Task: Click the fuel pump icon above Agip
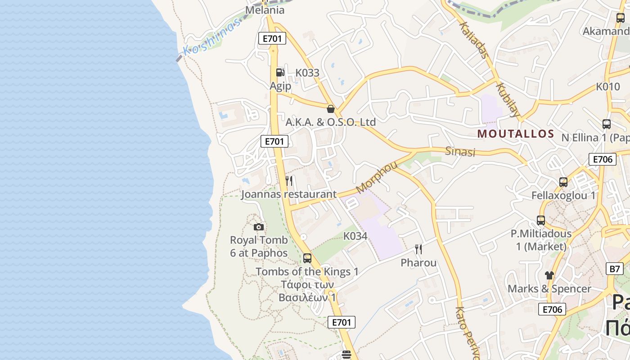coord(280,72)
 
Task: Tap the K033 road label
coord(307,72)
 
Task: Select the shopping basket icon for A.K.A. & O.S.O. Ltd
coord(331,109)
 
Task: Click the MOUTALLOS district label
coord(516,134)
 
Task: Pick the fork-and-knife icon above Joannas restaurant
coord(289,181)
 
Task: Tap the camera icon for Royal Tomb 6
coord(258,227)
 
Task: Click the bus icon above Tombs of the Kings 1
coord(307,258)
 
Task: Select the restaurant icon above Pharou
coord(418,249)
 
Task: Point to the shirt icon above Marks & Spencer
coord(549,275)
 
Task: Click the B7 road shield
coord(615,269)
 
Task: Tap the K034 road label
coord(355,236)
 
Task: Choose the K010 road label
coord(608,87)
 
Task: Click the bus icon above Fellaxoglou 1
coord(563,182)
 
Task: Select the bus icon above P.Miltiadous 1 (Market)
coord(541,220)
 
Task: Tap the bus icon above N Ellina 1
coord(607,124)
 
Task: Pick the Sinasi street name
coord(460,151)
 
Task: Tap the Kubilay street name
coord(508,99)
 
